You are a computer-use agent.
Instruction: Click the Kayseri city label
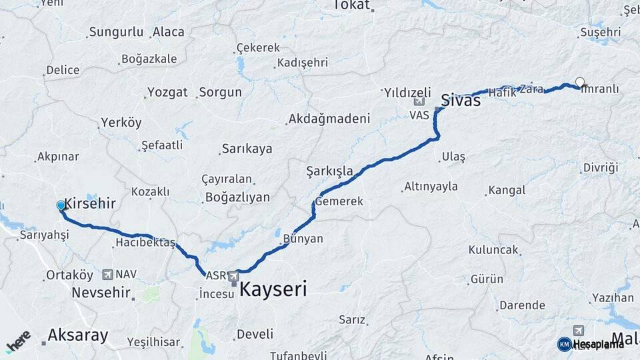273,289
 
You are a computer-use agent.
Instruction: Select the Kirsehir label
90,204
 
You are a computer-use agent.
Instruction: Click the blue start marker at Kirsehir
61,206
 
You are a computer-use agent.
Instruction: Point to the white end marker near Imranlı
580,83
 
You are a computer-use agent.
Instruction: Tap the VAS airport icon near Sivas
419,102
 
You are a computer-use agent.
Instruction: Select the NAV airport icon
108,274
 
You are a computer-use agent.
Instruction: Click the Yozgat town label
167,92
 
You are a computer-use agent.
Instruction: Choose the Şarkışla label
329,171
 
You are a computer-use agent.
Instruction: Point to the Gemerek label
339,201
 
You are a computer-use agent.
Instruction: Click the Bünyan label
303,238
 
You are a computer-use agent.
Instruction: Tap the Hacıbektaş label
145,242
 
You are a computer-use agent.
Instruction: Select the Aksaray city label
78,335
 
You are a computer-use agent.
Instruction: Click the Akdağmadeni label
327,119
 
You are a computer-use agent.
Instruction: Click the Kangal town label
507,191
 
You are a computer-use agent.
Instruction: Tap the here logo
18,341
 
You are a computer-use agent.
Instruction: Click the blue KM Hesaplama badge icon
564,344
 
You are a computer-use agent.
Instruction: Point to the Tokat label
351,5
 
